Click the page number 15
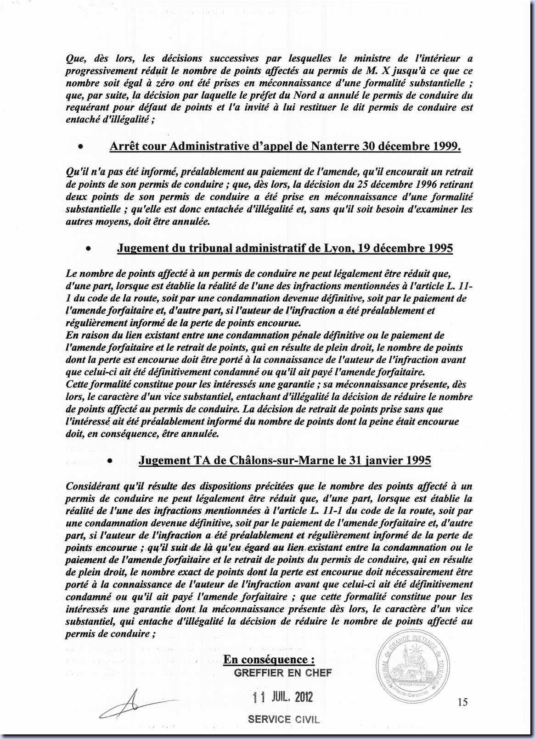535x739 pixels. pyautogui.click(x=462, y=701)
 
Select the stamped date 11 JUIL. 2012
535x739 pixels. pyautogui.click(x=282, y=697)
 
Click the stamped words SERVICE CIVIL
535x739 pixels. pyautogui.click(x=283, y=719)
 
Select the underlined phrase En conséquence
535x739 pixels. pyautogui.click(x=269, y=660)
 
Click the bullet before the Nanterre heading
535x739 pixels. pyautogui.click(x=80, y=147)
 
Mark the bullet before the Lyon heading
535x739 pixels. pyautogui.click(x=88, y=249)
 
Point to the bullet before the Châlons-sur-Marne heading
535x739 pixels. pyautogui.click(x=110, y=460)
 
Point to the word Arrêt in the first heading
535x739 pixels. pyautogui.click(x=124, y=146)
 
